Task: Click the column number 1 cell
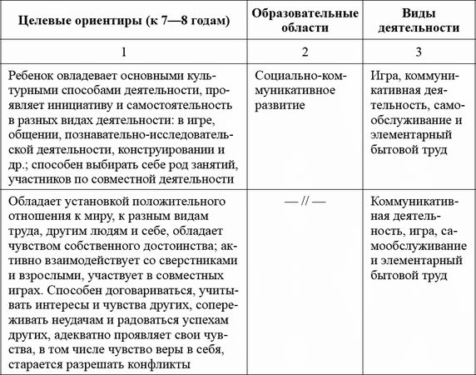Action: click(124, 52)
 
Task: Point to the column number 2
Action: click(305, 52)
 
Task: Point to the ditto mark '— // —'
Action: click(305, 203)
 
